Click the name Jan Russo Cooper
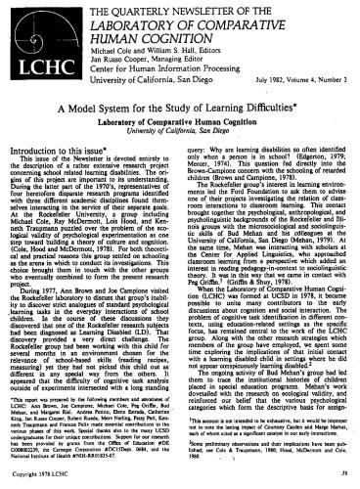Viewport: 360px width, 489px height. (x=113, y=56)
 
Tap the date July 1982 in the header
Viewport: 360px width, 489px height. (x=244, y=77)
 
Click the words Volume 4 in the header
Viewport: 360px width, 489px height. (x=284, y=77)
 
